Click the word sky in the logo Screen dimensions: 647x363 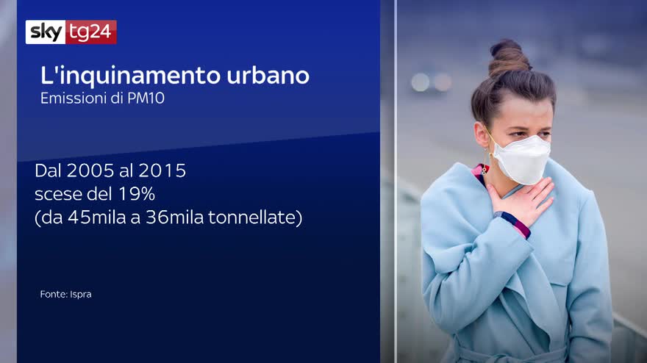46,32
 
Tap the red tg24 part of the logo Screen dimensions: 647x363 91,32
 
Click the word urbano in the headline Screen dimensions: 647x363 268,76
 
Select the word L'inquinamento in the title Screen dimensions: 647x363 131,76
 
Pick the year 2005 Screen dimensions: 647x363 90,170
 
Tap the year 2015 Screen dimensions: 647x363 162,170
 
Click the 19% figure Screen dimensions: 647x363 137,194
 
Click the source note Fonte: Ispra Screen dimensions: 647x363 65,294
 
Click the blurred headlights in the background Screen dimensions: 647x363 431,82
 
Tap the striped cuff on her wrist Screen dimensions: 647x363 512,224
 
